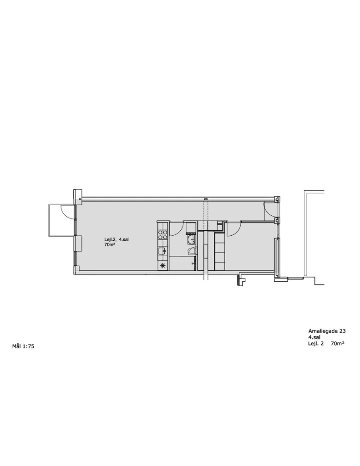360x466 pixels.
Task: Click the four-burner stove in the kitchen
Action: coord(162,235)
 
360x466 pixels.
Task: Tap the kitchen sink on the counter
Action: coord(162,251)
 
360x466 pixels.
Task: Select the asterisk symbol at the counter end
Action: coord(162,266)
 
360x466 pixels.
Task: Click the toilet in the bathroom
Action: coord(192,251)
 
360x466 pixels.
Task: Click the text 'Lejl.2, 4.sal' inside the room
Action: coord(116,239)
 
